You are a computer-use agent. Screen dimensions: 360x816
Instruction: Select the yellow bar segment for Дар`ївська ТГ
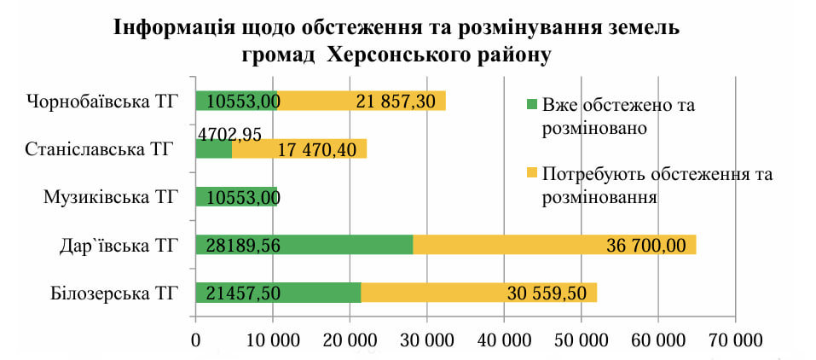pyautogui.click(x=554, y=245)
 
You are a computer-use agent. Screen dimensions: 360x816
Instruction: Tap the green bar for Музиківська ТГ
pyautogui.click(x=236, y=197)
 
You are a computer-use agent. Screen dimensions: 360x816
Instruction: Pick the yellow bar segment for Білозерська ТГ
pyautogui.click(x=478, y=293)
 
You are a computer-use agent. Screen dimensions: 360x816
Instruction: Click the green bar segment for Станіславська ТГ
pyautogui.click(x=213, y=149)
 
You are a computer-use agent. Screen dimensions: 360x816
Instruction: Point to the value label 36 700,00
pyautogui.click(x=645, y=246)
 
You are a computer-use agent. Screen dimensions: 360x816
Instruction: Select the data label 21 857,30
pyautogui.click(x=396, y=102)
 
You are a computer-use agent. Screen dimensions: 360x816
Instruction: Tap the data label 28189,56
pyautogui.click(x=245, y=246)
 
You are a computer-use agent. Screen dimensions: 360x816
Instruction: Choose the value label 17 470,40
pyautogui.click(x=316, y=149)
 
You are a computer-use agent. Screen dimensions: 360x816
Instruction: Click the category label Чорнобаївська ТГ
pyautogui.click(x=101, y=102)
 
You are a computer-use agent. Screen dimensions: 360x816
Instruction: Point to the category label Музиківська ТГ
pyautogui.click(x=110, y=198)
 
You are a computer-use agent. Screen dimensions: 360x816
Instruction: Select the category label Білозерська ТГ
pyautogui.click(x=107, y=294)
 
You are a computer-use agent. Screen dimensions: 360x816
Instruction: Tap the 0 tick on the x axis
pyautogui.click(x=196, y=340)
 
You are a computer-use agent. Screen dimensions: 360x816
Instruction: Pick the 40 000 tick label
pyautogui.click(x=504, y=340)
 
